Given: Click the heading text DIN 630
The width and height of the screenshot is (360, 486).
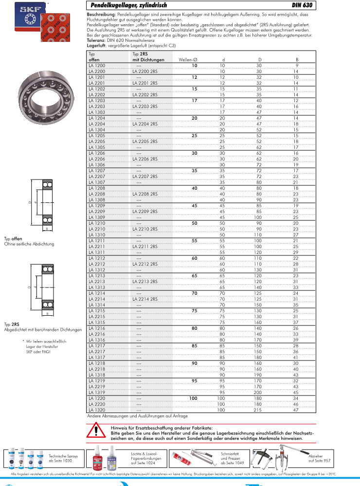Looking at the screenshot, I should tap(302, 6).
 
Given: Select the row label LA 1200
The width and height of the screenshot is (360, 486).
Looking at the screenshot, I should tap(96, 65).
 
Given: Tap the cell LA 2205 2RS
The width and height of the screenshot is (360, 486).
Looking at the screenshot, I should tap(144, 141).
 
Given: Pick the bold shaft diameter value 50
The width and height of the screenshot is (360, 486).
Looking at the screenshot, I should tap(194, 223).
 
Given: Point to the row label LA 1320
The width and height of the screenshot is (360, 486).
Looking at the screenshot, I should tap(96, 410).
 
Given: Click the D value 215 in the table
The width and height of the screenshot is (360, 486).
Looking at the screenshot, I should tap(259, 410).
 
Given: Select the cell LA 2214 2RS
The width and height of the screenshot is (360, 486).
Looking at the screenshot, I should tap(144, 299).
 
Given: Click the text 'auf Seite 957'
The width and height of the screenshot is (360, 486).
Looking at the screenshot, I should tap(320, 460).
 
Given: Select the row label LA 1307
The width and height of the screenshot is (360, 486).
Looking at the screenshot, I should tap(96, 182).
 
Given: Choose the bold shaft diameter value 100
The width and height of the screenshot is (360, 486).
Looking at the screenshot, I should tap(193, 398).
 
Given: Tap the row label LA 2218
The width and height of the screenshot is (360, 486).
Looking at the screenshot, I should tap(96, 369).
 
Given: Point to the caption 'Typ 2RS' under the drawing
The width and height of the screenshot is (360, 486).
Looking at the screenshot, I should tap(12, 324).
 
